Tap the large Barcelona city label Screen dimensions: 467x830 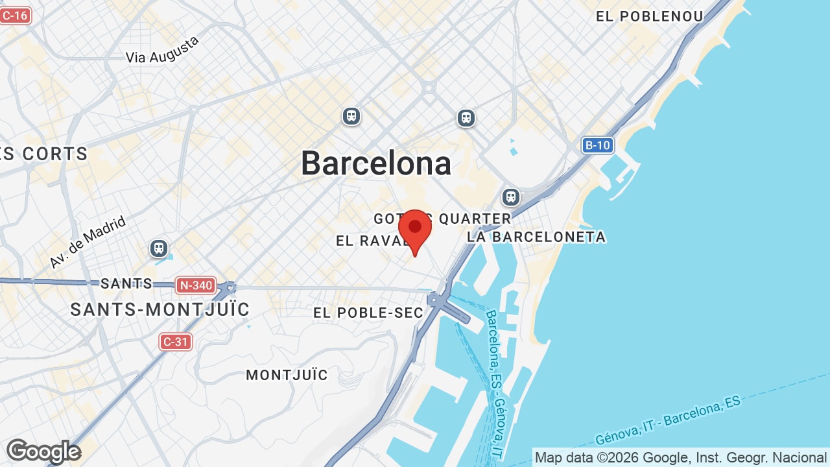376,163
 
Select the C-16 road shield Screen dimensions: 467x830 15,15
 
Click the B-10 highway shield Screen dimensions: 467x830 597,145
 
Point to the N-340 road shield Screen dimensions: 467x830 195,285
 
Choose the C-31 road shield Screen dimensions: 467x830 176,341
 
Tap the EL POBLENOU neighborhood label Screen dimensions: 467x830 649,17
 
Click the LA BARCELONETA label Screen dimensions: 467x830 536,237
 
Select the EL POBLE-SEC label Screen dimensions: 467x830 368,313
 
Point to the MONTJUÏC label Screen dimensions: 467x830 287,375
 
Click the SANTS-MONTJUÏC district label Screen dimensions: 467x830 160,310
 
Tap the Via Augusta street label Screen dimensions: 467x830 162,51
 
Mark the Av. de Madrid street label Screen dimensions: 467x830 88,243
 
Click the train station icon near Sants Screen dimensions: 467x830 158,248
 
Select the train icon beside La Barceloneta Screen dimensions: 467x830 511,197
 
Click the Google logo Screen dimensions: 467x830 43,451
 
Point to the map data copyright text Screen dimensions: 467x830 680,458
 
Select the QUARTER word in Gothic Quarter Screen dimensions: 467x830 475,219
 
